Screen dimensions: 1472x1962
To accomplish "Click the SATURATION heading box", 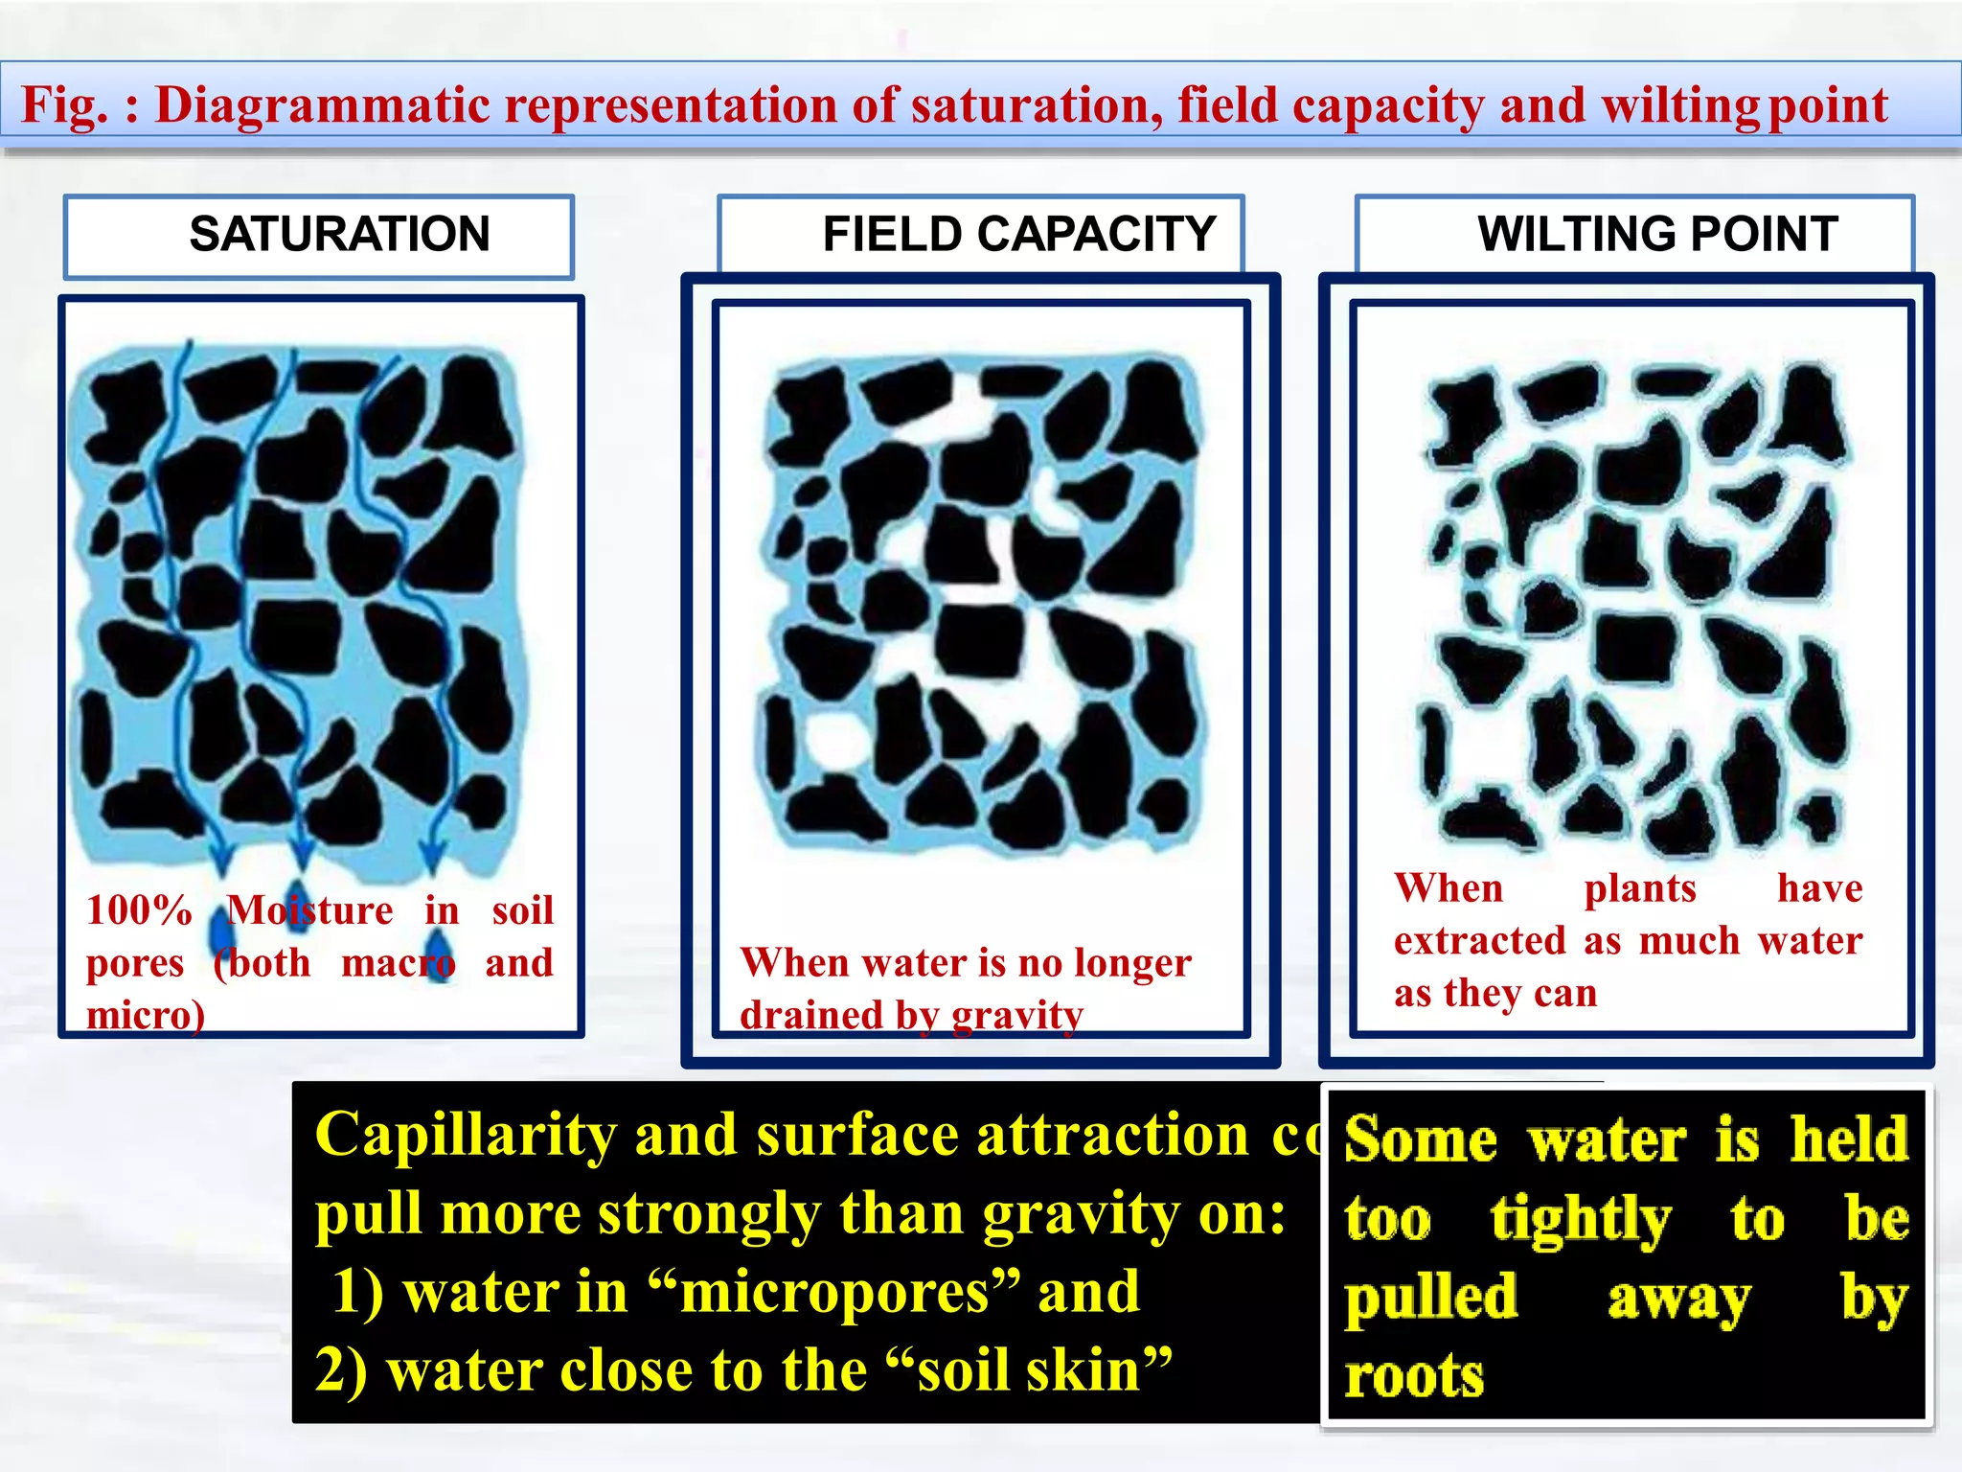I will [x=319, y=236].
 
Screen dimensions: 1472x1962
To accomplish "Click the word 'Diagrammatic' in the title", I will [x=323, y=104].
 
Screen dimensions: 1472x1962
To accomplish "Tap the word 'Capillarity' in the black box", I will [x=465, y=1136].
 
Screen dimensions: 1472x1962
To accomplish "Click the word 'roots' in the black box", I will [x=1414, y=1376].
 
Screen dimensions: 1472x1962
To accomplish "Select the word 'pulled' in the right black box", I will [x=1431, y=1299].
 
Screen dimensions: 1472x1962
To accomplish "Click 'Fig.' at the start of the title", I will [x=64, y=104].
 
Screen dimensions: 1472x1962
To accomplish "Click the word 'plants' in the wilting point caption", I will [x=1640, y=889].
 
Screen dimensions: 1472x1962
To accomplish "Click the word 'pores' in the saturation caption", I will [x=134, y=963].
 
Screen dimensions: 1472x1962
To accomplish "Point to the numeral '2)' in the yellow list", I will [x=341, y=1370].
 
